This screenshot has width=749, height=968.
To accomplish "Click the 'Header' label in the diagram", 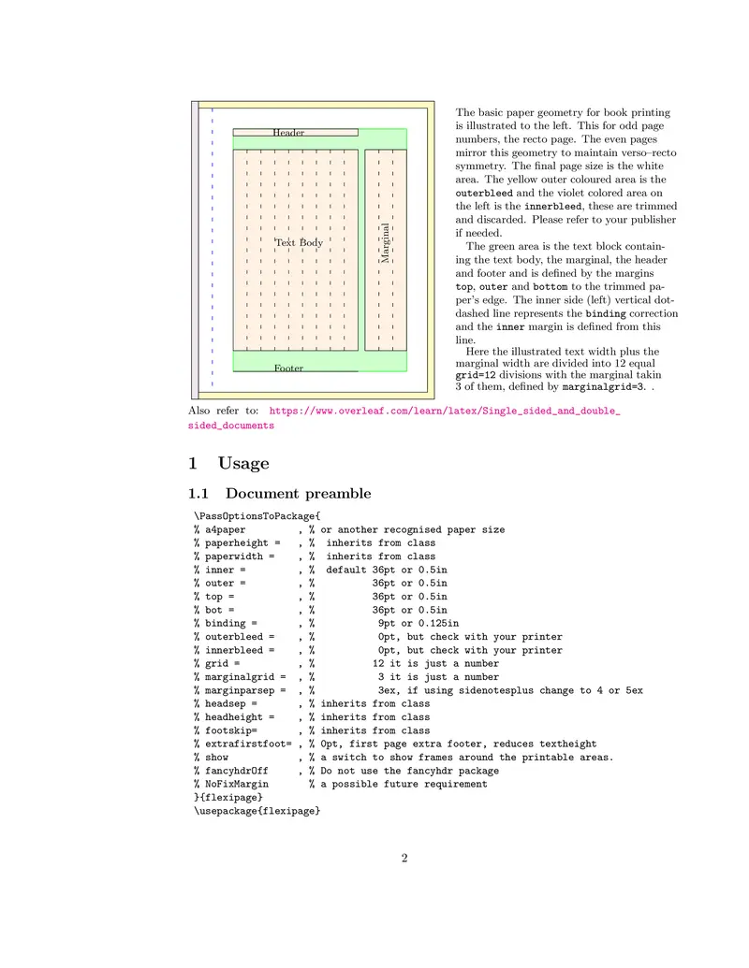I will coord(288,133).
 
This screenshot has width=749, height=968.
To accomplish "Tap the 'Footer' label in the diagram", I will coord(288,368).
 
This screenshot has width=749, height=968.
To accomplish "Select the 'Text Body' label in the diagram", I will coord(299,243).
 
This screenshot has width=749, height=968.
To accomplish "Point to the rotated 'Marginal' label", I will coord(385,242).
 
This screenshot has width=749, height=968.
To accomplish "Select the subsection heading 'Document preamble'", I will coord(298,494).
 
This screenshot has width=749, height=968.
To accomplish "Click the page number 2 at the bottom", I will coord(404,858).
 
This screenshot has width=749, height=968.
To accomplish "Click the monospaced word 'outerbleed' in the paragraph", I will coord(484,193).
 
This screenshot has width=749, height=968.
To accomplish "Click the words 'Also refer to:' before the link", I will coord(224,411).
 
